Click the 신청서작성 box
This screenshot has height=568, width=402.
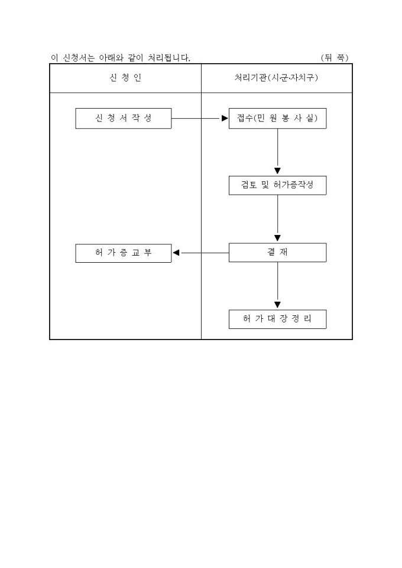[123, 118]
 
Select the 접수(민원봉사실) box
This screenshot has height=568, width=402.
[277, 118]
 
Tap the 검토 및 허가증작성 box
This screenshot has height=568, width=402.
[277, 185]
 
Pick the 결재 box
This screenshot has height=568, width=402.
[277, 253]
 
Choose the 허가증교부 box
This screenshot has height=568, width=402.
[123, 253]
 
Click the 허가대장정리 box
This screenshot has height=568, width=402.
[277, 319]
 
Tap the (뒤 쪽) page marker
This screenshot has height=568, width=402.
[335, 58]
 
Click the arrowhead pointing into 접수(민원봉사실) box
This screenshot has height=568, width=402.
[225, 118]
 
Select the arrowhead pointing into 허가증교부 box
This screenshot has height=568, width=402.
[176, 253]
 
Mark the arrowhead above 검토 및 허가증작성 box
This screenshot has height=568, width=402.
[277, 171]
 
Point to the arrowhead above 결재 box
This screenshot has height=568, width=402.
[277, 239]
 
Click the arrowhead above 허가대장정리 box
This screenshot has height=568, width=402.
[277, 305]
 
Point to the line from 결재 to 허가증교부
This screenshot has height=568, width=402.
[204, 253]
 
